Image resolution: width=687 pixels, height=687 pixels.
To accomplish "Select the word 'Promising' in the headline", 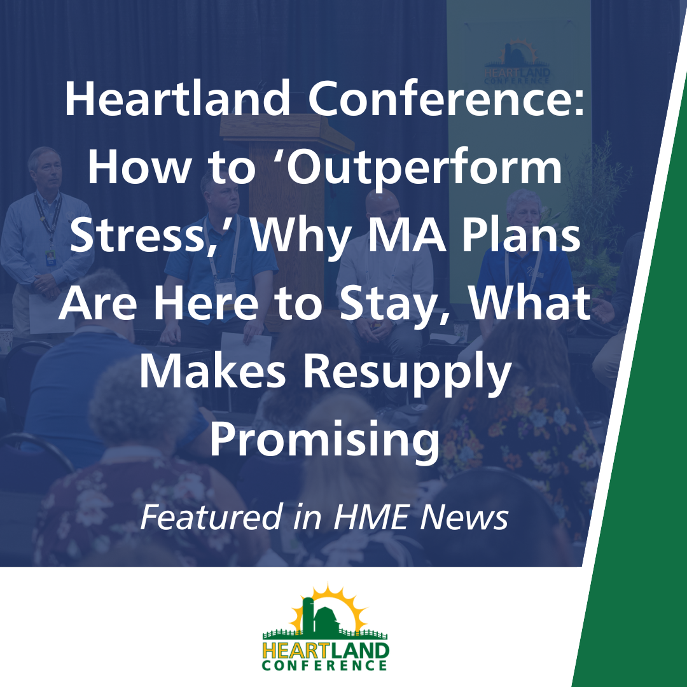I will click(x=325, y=442).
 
